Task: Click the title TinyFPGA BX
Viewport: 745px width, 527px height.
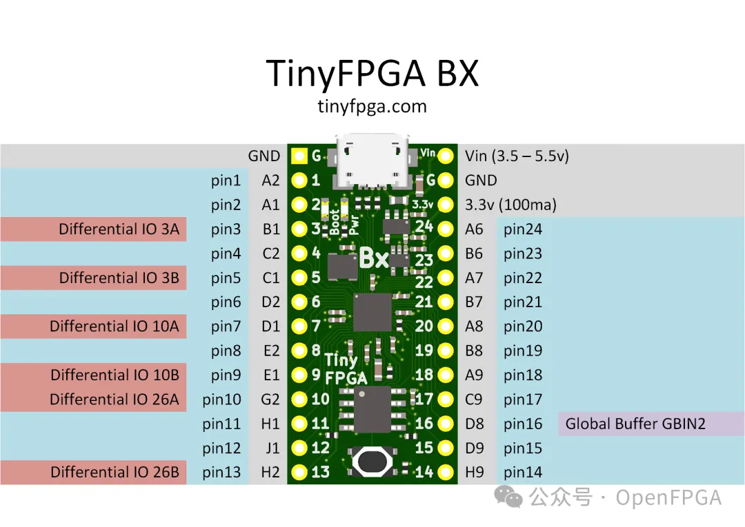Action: click(x=372, y=72)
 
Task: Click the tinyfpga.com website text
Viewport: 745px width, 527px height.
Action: click(x=372, y=107)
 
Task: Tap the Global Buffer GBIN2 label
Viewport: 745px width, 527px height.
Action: click(x=635, y=424)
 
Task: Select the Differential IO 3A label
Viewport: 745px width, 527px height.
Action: click(x=119, y=229)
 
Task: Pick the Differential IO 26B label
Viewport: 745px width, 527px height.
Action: click(x=115, y=473)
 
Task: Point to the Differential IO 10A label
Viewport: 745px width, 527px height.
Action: click(x=115, y=327)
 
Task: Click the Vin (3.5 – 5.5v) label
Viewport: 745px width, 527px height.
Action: click(x=517, y=156)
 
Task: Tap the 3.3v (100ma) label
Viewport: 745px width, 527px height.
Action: click(x=510, y=205)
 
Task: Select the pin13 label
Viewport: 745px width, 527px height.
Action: click(x=222, y=473)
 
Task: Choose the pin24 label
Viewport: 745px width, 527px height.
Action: click(x=523, y=229)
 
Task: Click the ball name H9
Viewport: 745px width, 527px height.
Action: click(x=475, y=473)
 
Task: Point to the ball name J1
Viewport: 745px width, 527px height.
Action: click(x=272, y=448)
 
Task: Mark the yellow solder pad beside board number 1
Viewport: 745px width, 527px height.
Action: click(x=299, y=180)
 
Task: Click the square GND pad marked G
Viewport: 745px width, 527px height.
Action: click(x=299, y=156)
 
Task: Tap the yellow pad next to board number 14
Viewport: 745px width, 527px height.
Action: click(x=446, y=473)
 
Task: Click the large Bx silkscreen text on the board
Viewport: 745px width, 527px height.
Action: click(x=374, y=258)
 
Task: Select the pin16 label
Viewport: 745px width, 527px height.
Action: click(x=523, y=424)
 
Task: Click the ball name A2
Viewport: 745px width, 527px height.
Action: click(x=270, y=180)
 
